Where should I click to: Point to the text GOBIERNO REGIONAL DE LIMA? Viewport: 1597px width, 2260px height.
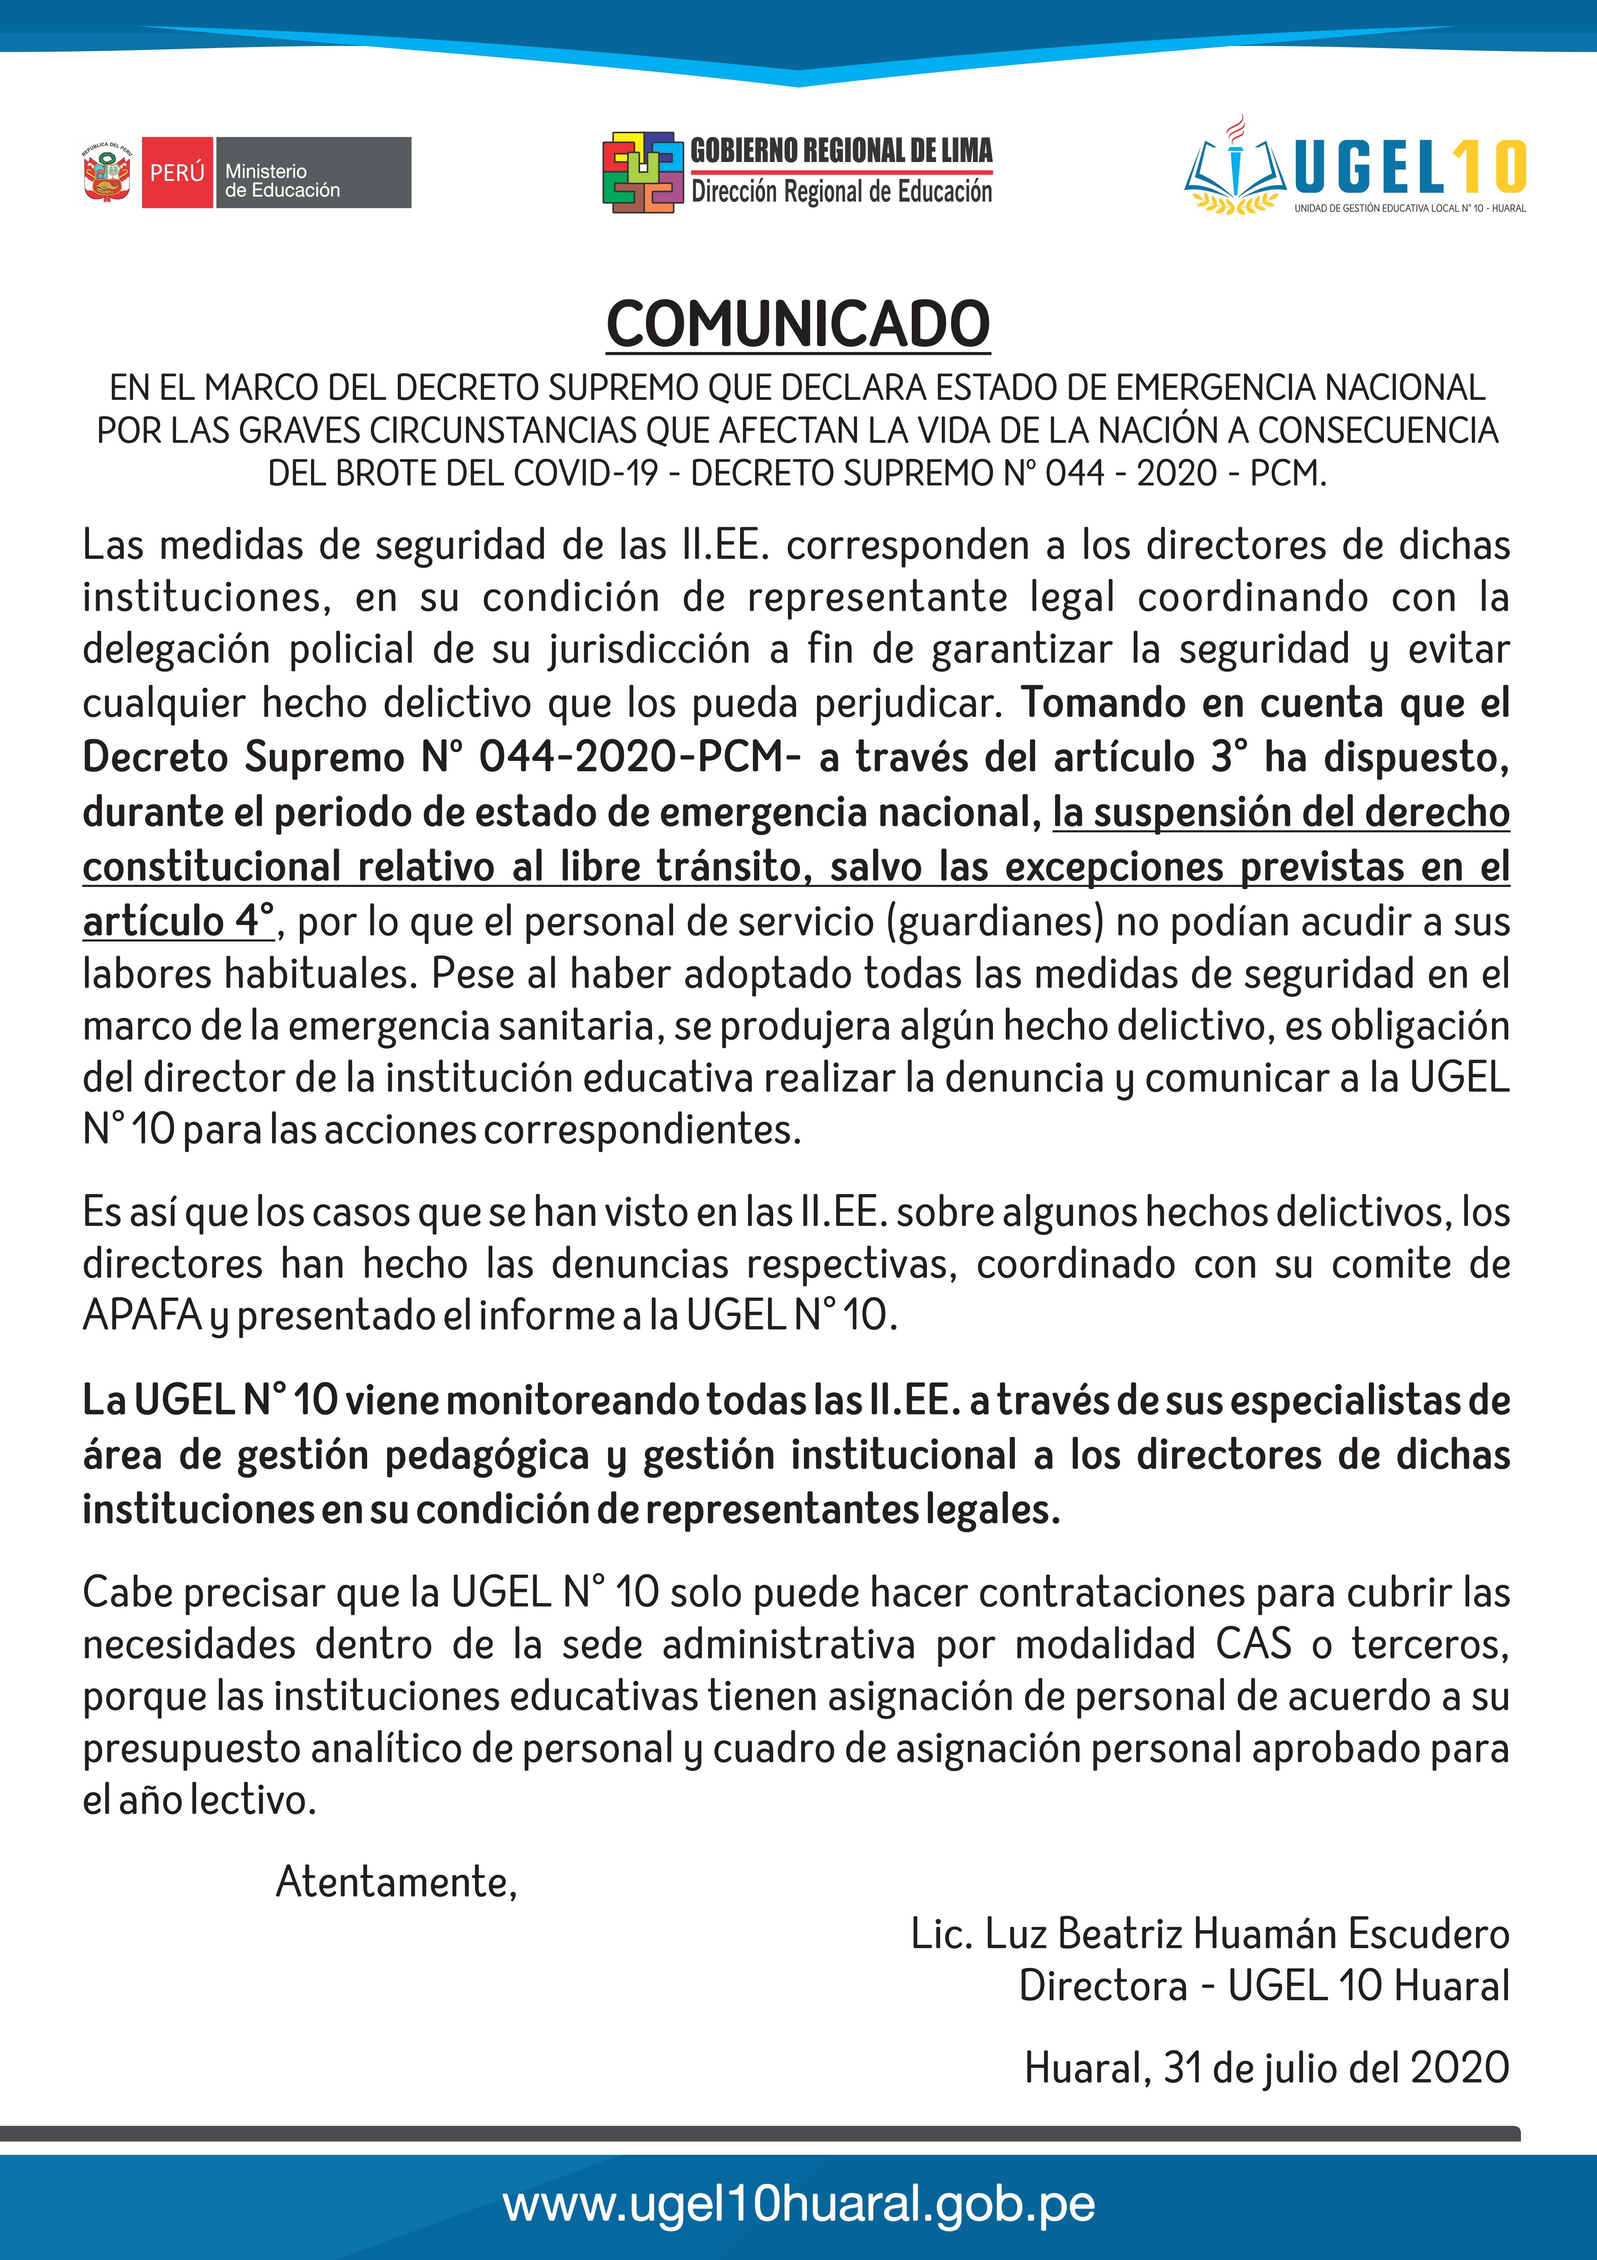click(841, 151)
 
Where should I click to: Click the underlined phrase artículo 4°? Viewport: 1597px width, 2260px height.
click(178, 921)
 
